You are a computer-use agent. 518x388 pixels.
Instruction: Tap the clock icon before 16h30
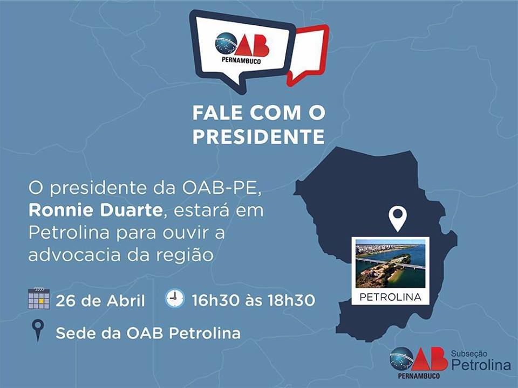(175, 298)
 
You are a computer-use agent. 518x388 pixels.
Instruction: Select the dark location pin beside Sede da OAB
(38, 330)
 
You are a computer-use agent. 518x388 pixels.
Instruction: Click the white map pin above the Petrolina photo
(398, 218)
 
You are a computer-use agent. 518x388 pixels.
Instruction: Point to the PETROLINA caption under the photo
(391, 297)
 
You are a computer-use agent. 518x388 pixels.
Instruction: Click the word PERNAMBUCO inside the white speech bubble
(241, 61)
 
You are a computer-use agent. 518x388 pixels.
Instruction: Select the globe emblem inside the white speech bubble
(226, 43)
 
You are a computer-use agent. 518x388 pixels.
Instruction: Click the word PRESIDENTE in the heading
(258, 136)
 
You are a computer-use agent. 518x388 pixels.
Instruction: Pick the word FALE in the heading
(217, 113)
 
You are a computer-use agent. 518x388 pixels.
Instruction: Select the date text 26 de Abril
(100, 301)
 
